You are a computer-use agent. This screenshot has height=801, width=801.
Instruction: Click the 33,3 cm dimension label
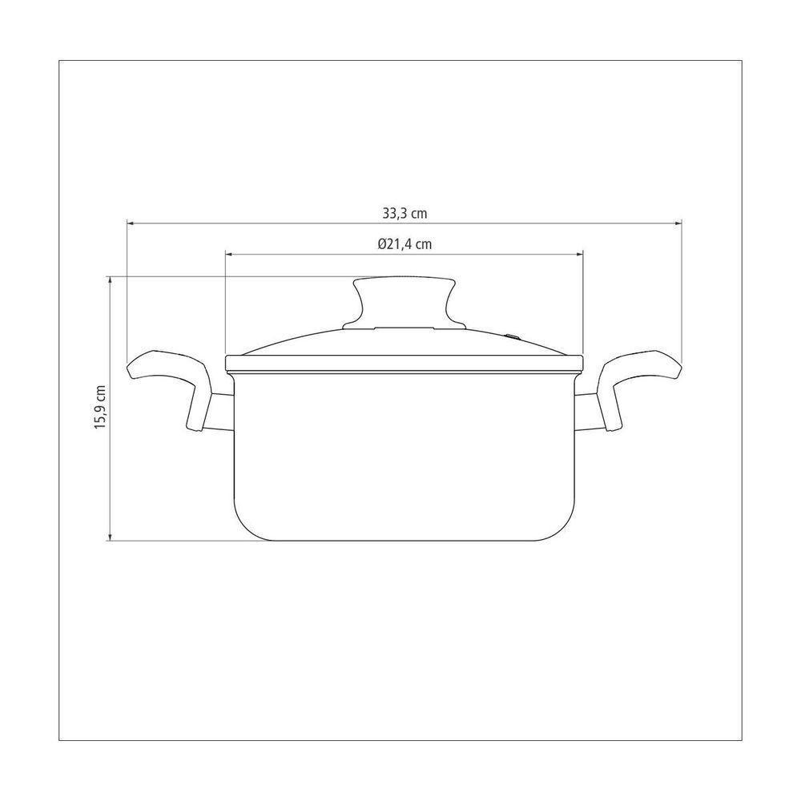point(405,213)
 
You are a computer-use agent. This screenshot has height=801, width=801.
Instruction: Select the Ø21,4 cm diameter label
point(405,244)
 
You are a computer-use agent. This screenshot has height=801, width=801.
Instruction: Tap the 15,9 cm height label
point(101,407)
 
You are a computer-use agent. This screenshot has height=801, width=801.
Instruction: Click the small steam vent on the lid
point(513,336)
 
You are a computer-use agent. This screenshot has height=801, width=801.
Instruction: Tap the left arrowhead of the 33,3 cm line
point(131,223)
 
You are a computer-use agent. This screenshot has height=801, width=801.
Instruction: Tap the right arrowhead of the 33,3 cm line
point(678,223)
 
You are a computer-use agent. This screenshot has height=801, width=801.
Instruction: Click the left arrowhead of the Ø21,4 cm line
point(229,253)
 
